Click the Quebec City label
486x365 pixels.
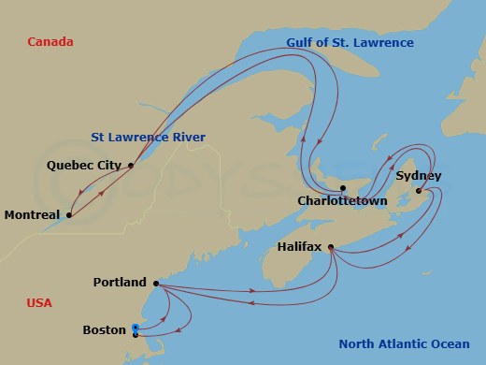[84, 166]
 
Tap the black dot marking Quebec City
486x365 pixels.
[131, 166]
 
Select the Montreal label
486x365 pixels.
[32, 215]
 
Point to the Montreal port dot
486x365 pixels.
[68, 214]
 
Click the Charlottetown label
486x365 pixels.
[343, 200]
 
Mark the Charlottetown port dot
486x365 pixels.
[343, 188]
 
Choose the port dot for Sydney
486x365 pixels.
[418, 191]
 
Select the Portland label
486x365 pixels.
[120, 283]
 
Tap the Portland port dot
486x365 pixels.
[155, 283]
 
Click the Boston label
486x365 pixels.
[104, 329]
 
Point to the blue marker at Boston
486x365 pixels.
[136, 328]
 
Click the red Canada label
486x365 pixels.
[50, 42]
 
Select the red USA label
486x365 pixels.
[39, 303]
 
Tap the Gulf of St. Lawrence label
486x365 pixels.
[350, 43]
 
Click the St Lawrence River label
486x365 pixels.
[148, 137]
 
